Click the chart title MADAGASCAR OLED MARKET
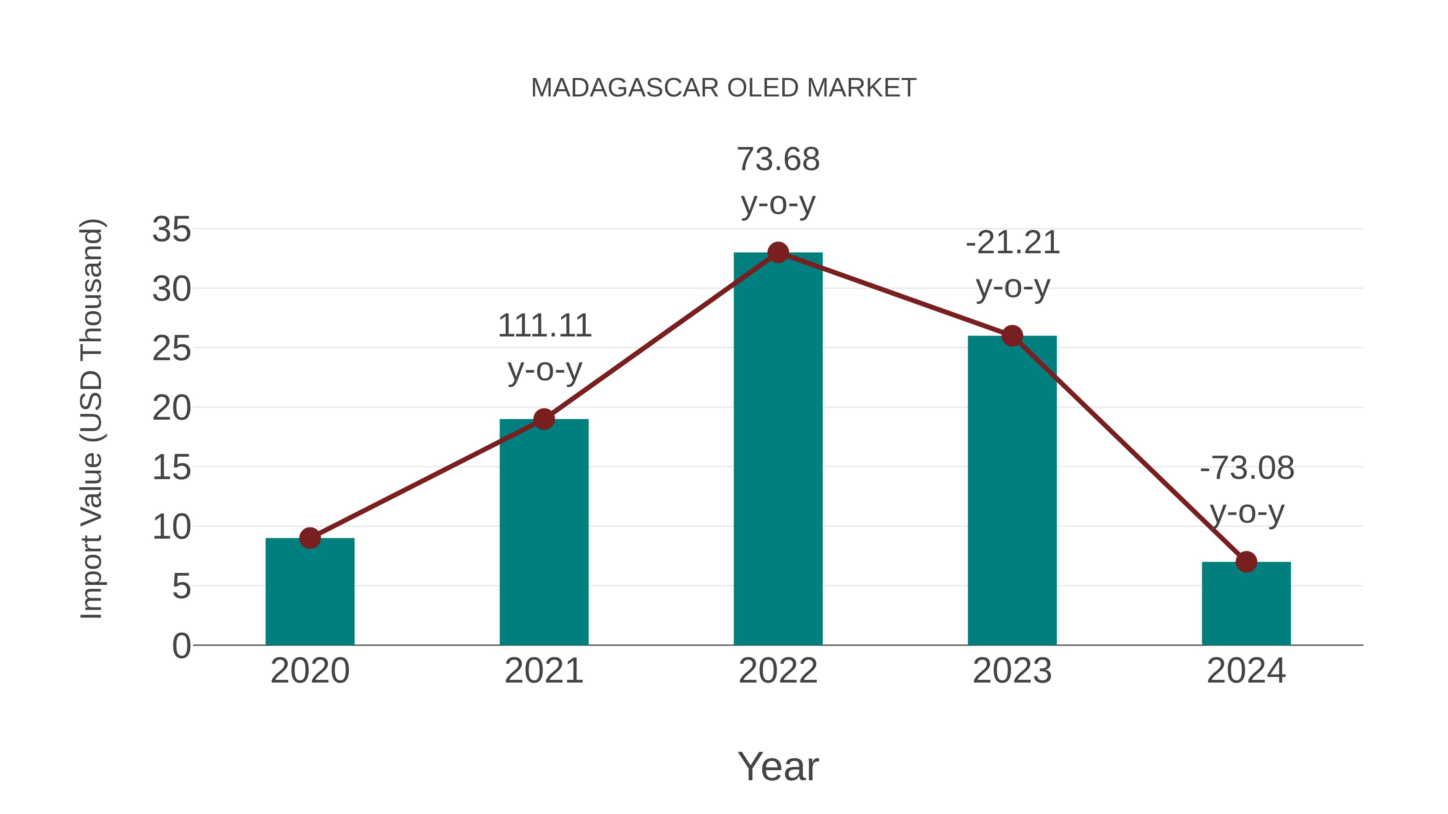(724, 88)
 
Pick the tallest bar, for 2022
(778, 449)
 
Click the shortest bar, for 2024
(1246, 603)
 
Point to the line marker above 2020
(310, 538)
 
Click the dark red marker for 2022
(778, 253)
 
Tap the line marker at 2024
(1246, 562)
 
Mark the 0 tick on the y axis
(181, 646)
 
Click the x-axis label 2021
(543, 671)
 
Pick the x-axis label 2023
(1012, 671)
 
